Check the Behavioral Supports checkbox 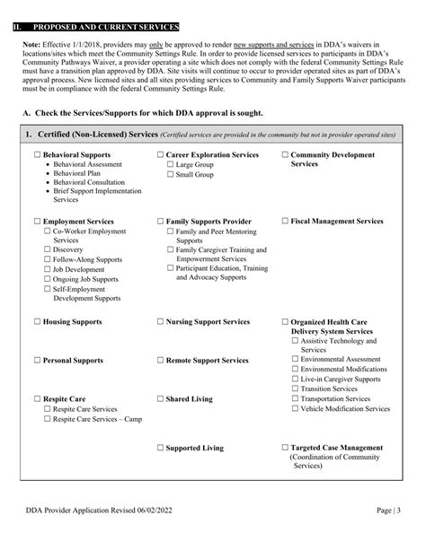(x=37, y=155)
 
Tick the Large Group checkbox (x=171, y=166)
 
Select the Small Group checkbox (x=171, y=176)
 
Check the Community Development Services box (x=285, y=155)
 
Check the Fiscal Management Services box (x=285, y=220)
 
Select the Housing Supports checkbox (x=37, y=320)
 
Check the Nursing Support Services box (x=160, y=320)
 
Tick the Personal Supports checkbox (x=37, y=361)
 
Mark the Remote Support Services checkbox (x=160, y=361)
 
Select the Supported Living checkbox (x=160, y=447)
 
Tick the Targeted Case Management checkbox (x=285, y=447)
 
